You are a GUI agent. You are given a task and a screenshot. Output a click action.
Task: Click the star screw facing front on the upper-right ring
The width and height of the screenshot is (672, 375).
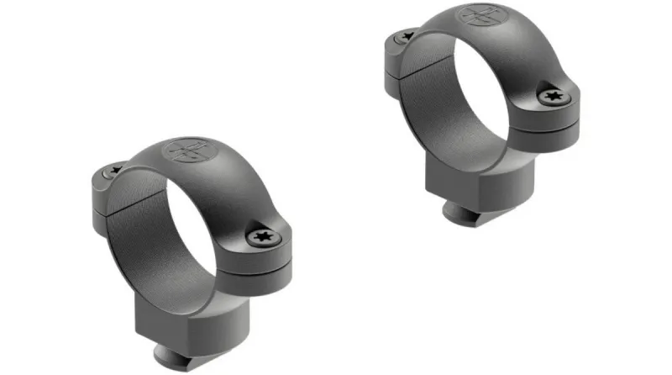(554, 97)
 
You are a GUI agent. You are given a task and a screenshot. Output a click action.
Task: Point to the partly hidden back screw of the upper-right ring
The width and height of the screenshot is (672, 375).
(408, 36)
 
